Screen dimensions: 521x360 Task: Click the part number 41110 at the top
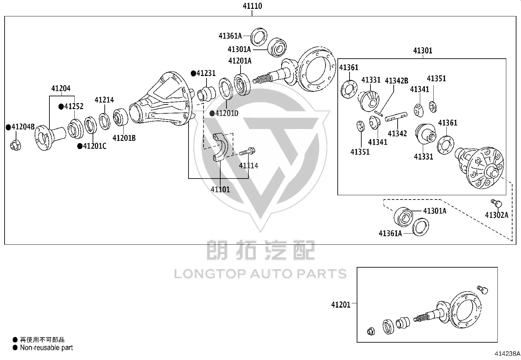tap(252, 6)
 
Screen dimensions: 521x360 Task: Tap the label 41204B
tap(23, 127)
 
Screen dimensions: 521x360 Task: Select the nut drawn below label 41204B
tap(16, 145)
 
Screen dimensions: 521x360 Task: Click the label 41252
tap(74, 106)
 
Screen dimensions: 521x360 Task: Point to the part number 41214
tap(104, 100)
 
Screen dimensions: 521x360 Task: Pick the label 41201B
tap(124, 138)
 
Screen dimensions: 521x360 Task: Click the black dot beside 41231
tap(193, 73)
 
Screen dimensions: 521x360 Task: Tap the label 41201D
tap(227, 113)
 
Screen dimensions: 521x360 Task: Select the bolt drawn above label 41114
tap(247, 152)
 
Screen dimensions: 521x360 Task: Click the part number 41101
tap(220, 189)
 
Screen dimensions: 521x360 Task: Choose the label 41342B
tap(397, 81)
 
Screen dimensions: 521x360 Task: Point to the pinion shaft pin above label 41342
tap(396, 117)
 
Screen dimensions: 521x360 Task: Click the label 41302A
tap(496, 215)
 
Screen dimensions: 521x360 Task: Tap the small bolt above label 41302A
tap(496, 203)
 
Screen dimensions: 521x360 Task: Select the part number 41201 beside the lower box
tap(341, 305)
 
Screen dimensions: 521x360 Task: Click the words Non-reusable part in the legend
tap(46, 348)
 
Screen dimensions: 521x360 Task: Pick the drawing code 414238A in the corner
tap(507, 353)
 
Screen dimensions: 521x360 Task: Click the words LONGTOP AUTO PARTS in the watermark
tap(260, 274)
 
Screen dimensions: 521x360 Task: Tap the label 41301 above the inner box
tap(422, 50)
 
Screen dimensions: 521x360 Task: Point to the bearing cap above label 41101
tap(221, 147)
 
